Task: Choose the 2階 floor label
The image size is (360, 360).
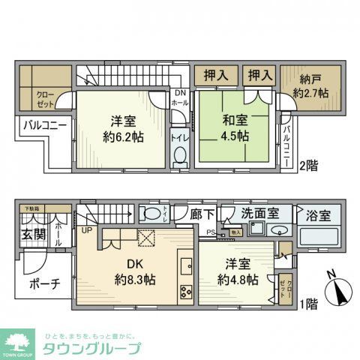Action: (310, 165)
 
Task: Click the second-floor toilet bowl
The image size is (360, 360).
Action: (179, 155)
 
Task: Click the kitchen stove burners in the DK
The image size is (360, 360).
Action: (185, 292)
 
